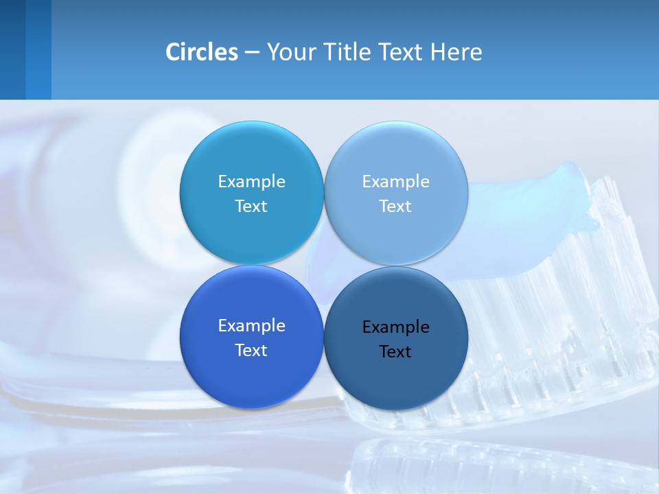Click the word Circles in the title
pos(202,52)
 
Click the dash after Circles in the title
pos(251,53)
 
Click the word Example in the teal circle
pos(251,182)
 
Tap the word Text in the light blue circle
pos(395,207)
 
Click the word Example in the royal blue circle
pos(251,326)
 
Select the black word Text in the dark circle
pos(395,352)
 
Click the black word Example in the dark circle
pos(395,327)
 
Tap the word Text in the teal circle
pos(251,207)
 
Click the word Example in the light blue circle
pos(395,182)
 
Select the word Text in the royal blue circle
pos(251,351)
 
